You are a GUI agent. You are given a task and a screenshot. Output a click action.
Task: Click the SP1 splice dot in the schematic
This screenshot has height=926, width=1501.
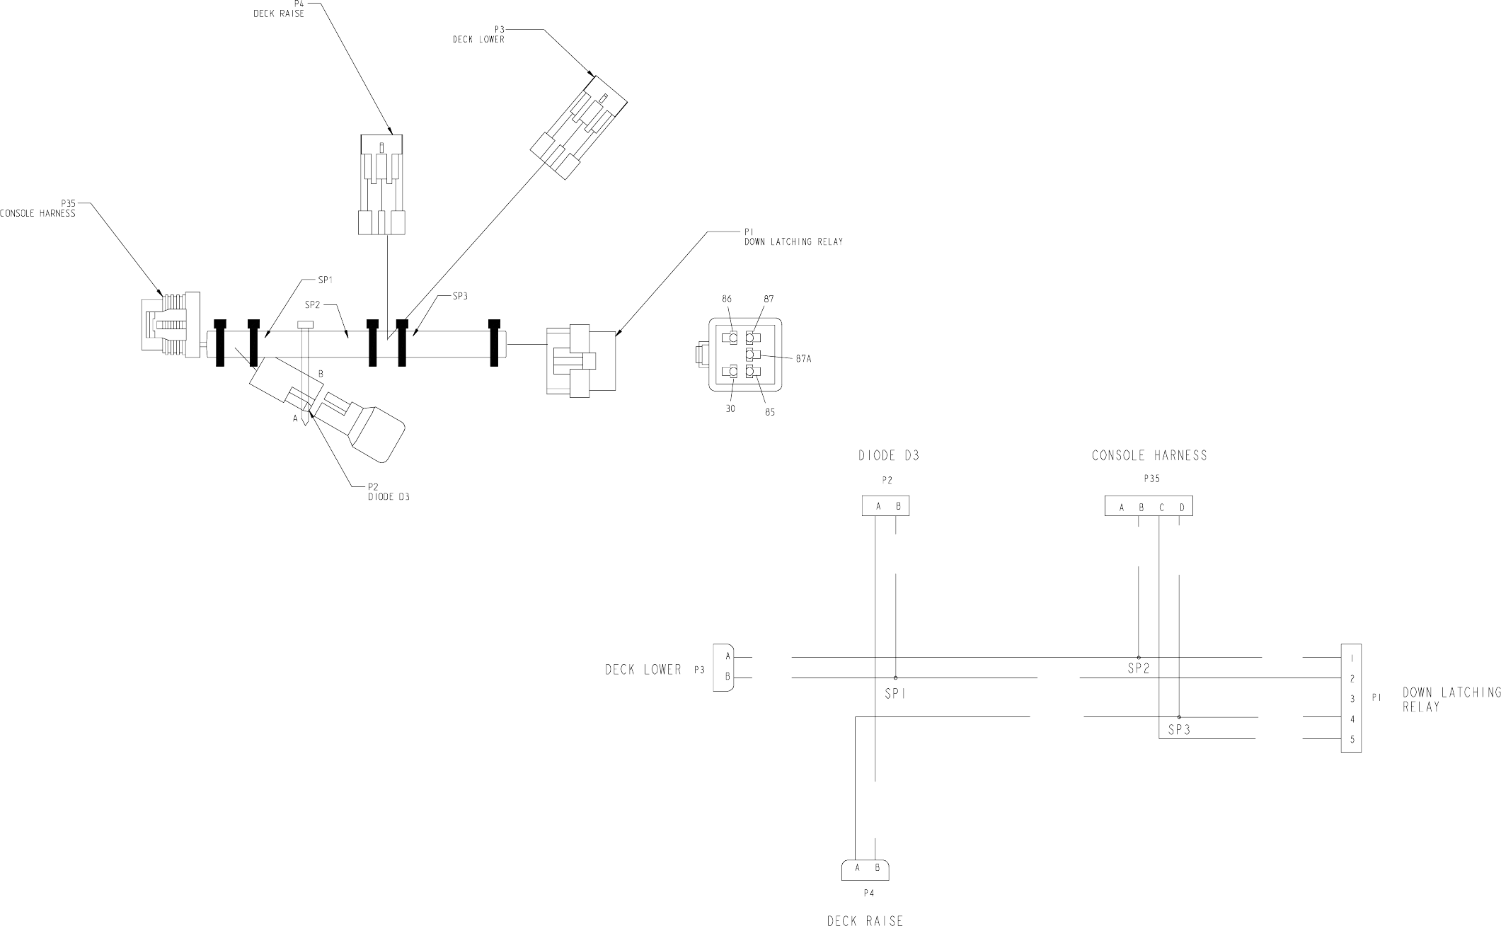tap(895, 678)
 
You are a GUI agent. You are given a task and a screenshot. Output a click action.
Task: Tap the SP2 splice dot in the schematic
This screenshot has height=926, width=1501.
tap(1138, 657)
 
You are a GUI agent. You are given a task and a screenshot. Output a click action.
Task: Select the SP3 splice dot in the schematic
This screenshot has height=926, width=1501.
tap(1179, 717)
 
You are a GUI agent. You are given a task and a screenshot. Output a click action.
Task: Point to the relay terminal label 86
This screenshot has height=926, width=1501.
tap(727, 299)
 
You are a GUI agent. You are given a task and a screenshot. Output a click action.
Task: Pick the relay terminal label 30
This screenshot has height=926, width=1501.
tap(730, 408)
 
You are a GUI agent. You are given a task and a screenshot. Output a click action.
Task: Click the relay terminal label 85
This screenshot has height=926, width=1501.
tap(770, 412)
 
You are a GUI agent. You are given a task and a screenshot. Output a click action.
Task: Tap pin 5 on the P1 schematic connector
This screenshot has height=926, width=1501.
tap(1352, 740)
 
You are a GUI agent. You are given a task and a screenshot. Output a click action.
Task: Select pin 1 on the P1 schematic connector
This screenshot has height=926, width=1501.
tap(1352, 658)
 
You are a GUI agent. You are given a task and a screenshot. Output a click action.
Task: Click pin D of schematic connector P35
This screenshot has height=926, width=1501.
tap(1182, 507)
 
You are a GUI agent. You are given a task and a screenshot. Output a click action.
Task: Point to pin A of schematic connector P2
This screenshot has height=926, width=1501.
tap(878, 506)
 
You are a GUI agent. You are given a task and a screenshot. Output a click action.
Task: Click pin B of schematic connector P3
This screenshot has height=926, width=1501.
tap(727, 678)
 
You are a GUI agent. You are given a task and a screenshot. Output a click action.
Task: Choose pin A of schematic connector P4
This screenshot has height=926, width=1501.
tap(857, 867)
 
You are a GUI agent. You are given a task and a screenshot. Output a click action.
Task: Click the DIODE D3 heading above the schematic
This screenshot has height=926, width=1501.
tap(889, 456)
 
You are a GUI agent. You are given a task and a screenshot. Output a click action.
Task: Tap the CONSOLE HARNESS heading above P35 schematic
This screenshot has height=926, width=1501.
tap(1149, 456)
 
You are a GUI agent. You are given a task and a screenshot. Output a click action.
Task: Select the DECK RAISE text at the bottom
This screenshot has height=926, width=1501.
tap(865, 921)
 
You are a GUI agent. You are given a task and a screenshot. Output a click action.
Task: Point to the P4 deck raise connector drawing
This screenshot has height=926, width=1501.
tap(381, 185)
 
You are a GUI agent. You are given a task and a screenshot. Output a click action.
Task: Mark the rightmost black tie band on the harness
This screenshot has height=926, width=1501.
tap(495, 343)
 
